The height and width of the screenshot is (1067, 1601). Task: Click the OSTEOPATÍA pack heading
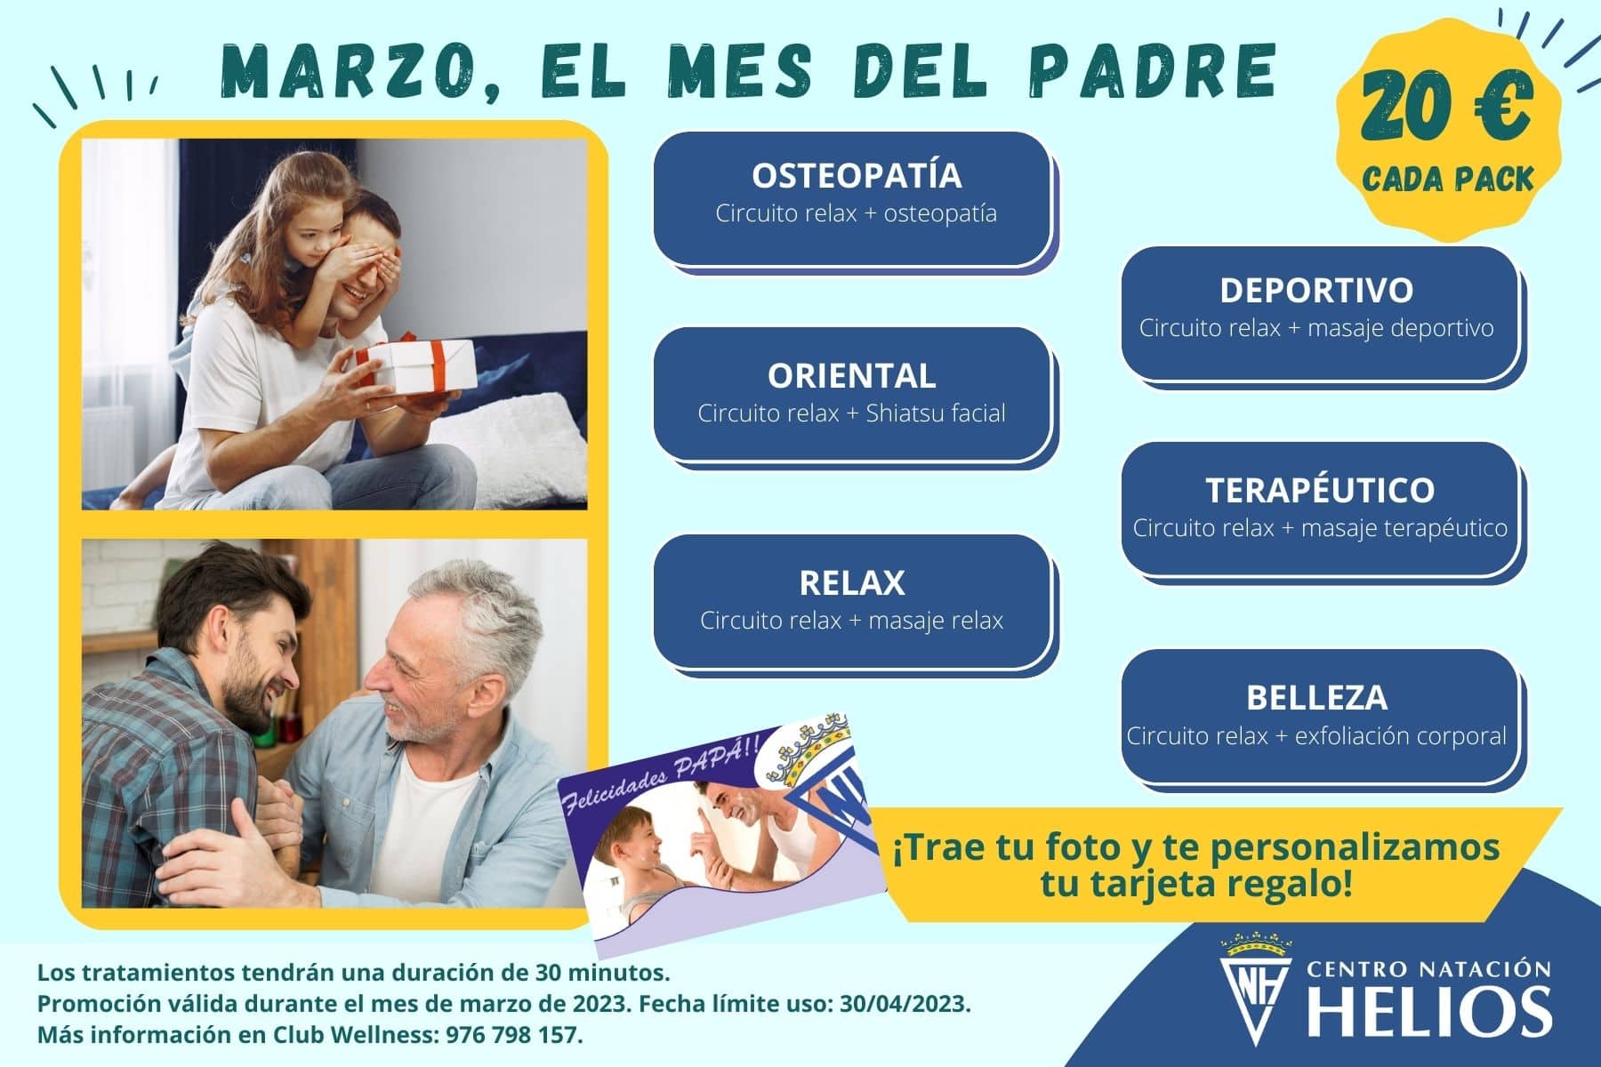(x=857, y=175)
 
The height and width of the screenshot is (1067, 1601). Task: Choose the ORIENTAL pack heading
(x=852, y=375)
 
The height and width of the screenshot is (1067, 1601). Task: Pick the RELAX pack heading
(x=852, y=582)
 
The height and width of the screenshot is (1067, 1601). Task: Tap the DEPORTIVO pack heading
(x=1316, y=290)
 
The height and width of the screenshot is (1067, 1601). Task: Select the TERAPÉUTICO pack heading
(x=1320, y=490)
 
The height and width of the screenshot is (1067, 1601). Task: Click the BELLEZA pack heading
(x=1317, y=697)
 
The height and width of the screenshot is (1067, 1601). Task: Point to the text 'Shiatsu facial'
(x=936, y=413)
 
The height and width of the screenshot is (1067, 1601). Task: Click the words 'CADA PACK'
(x=1448, y=179)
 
